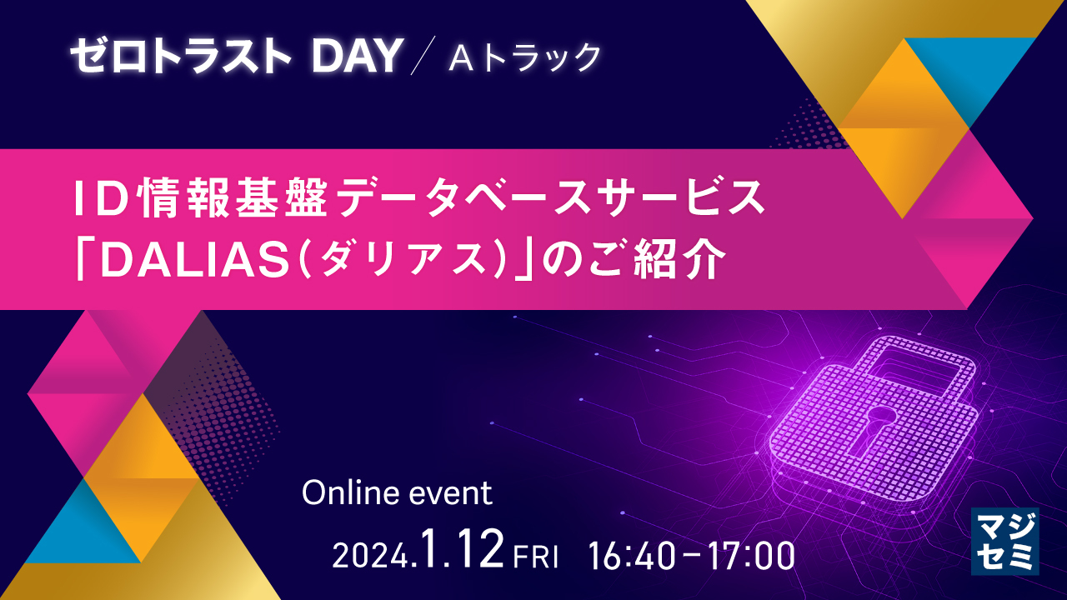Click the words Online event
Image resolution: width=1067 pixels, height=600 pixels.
[397, 493]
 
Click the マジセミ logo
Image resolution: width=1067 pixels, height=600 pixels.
[1004, 541]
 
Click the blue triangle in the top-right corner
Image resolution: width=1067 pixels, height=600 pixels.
[979, 71]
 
